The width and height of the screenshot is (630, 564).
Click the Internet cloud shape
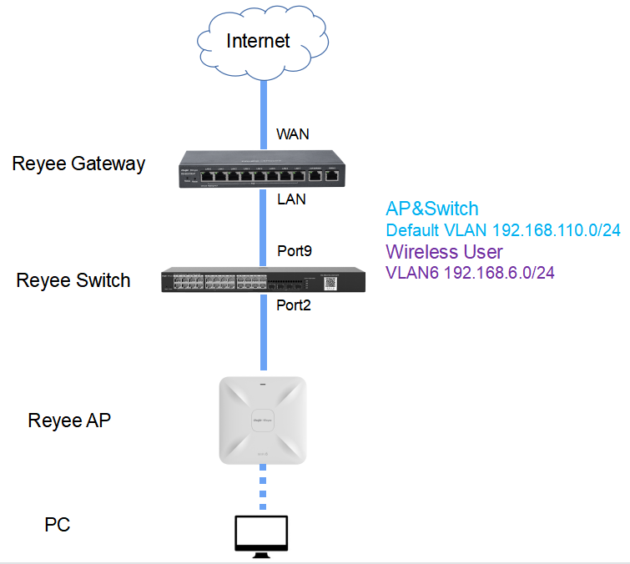[258, 40]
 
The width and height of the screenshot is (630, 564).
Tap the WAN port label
[292, 133]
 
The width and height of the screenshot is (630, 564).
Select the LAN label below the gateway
[291, 199]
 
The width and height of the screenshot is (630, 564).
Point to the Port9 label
[295, 251]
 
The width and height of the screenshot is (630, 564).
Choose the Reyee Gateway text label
[78, 164]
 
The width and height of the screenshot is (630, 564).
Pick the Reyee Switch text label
[73, 280]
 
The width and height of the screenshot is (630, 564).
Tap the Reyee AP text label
[69, 420]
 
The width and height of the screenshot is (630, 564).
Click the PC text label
[58, 525]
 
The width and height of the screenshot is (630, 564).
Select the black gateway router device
[263, 169]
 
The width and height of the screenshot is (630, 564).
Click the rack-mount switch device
[263, 279]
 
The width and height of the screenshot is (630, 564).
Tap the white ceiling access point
[262, 420]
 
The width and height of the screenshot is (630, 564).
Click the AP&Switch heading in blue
[432, 209]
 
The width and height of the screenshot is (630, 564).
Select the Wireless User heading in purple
[443, 252]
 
